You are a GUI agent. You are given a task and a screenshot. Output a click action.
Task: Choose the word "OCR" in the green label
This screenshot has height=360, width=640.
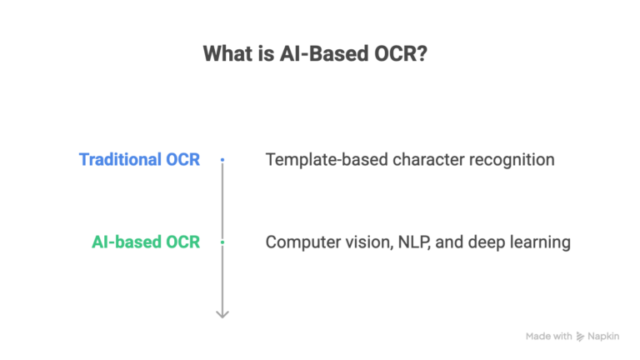coord(182,242)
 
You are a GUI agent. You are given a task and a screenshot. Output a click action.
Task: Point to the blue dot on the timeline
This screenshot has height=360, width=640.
coord(222,158)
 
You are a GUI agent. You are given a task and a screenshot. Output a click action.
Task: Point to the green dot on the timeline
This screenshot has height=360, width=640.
coord(222,242)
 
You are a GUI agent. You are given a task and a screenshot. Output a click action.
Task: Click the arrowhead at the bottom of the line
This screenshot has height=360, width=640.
coord(222,313)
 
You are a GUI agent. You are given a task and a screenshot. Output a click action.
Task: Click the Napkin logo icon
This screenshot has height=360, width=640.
coord(581,337)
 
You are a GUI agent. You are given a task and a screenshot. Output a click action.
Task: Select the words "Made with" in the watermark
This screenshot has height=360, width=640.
coord(548,337)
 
